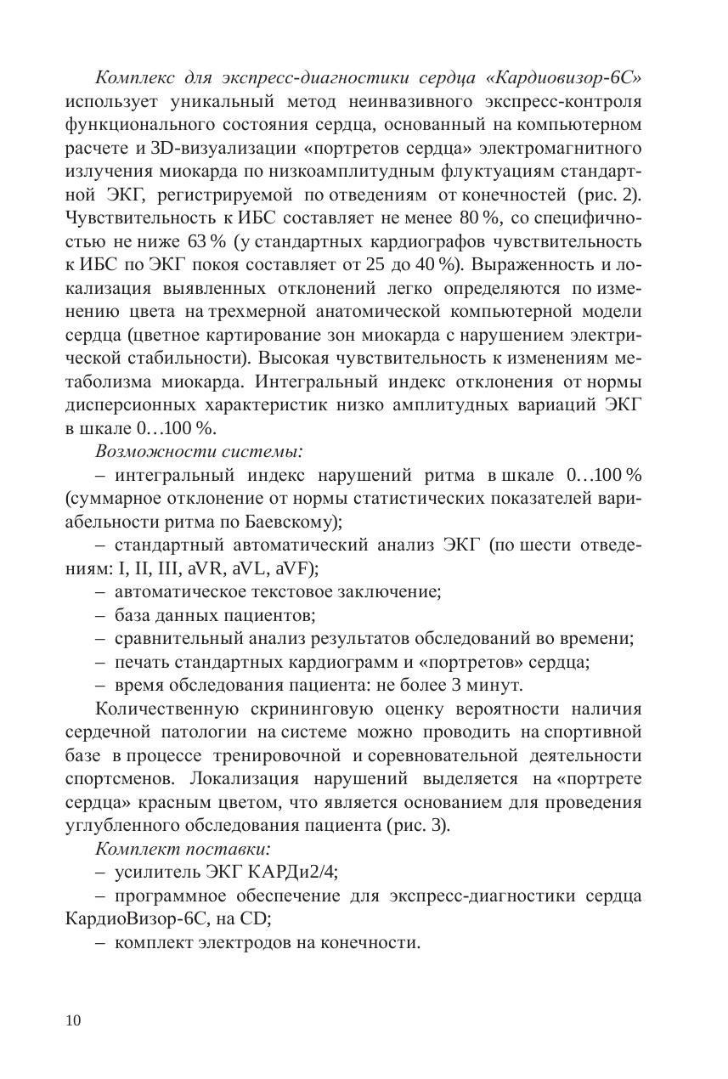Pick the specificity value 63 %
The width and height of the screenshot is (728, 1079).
click(205, 240)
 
